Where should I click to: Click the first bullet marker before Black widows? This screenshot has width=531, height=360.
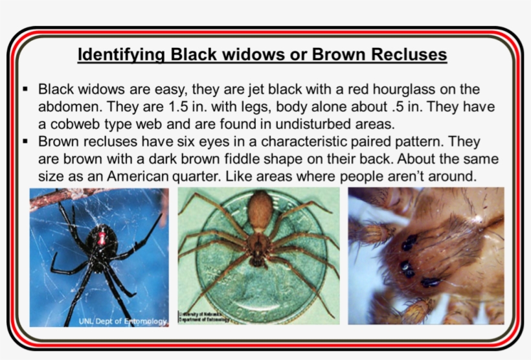(x=25, y=89)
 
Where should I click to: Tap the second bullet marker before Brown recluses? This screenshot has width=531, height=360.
(x=25, y=141)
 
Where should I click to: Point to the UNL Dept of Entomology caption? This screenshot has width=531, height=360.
(x=122, y=321)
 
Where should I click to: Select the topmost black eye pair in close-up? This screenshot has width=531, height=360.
(x=409, y=243)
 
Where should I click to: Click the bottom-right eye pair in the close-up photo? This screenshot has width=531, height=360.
(x=431, y=282)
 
